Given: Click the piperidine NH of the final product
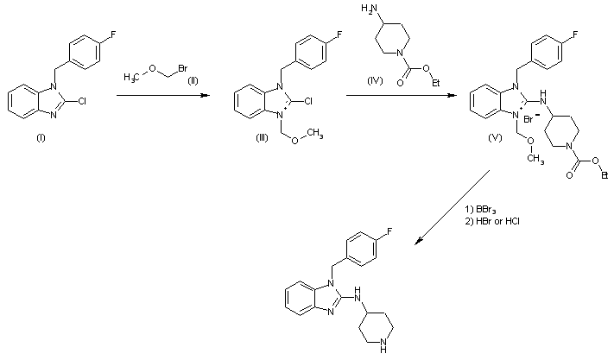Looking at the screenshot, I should click(389, 351).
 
